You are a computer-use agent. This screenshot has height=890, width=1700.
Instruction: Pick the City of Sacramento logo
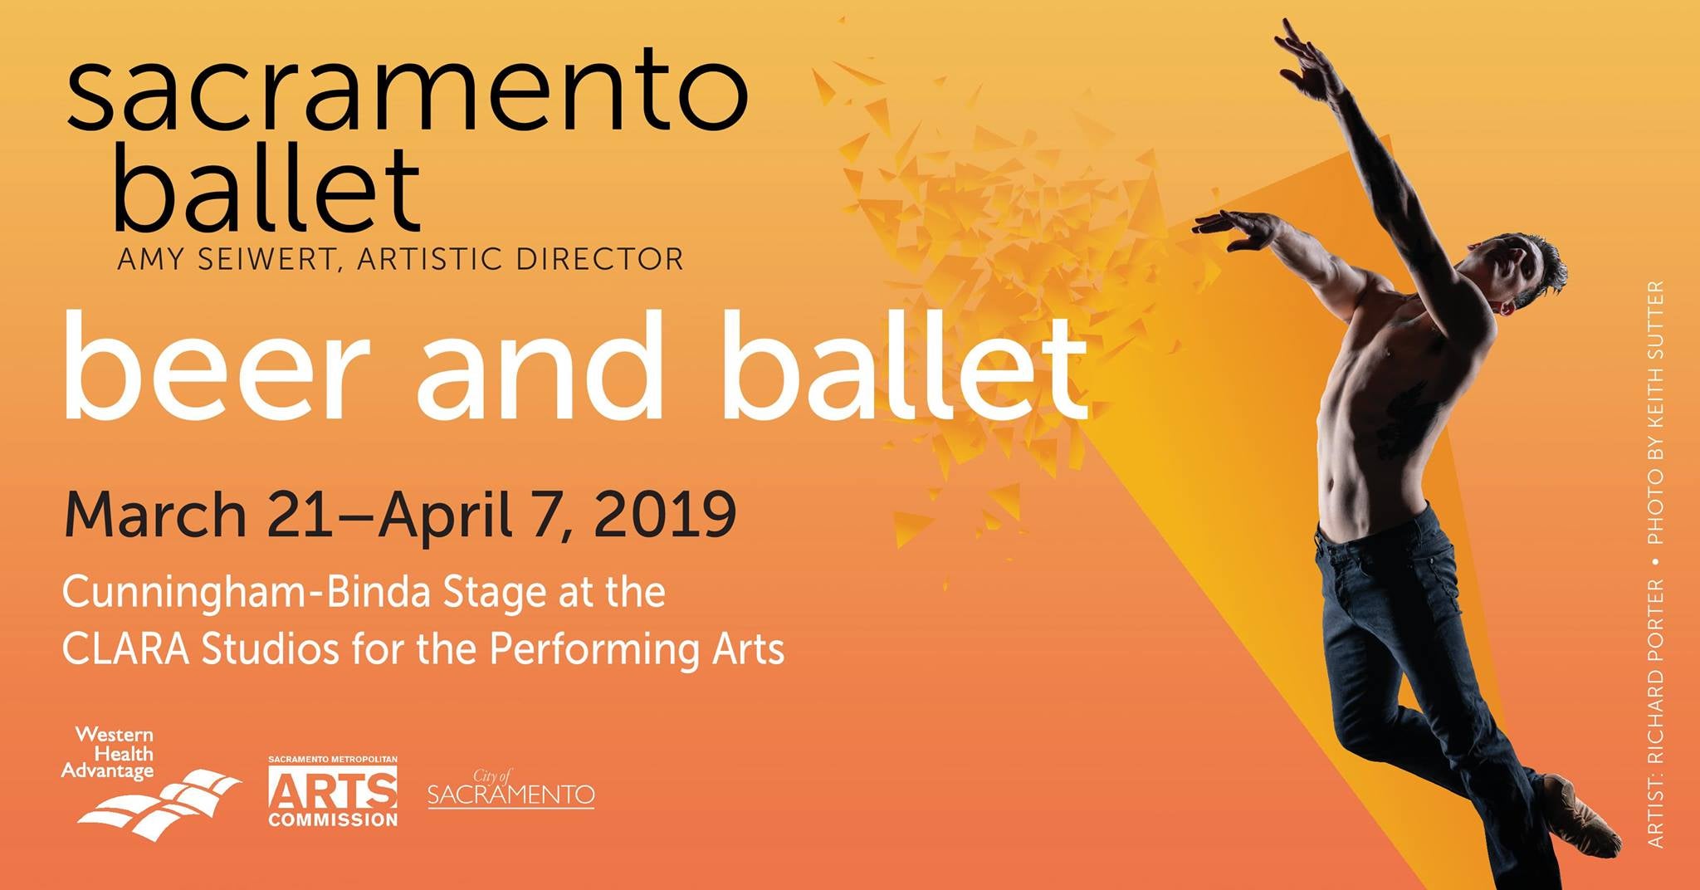(x=510, y=789)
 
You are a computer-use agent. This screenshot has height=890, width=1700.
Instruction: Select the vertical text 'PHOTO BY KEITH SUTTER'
(x=1655, y=413)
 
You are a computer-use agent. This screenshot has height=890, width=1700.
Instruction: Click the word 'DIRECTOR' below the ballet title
(x=599, y=259)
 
